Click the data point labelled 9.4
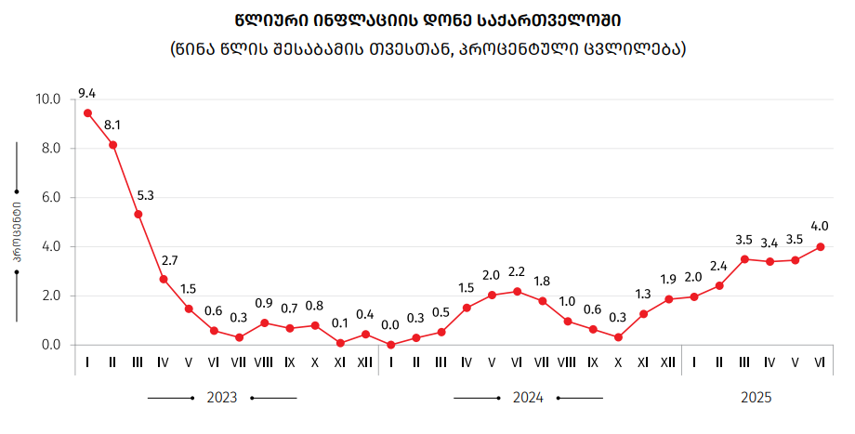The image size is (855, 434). pos(87,113)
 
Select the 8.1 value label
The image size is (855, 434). pos(112,125)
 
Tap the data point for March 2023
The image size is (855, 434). pos(138,215)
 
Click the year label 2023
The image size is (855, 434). pos(221,398)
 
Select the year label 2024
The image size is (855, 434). pos(528,398)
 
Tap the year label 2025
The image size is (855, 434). pos(756,398)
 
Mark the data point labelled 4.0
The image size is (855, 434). pos(820,246)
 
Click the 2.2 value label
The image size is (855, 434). pos(517,271)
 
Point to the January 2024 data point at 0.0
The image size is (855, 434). pos(390,345)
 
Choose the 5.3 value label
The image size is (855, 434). pos(146,195)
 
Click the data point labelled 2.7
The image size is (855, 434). pos(164,279)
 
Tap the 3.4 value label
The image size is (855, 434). pos(769,243)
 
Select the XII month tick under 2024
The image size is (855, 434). pos(668,362)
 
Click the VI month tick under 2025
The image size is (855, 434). pos(820,362)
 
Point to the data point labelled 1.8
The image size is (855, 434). pos(543,301)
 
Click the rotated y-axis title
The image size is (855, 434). pos(17,232)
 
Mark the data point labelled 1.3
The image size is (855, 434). pos(643,313)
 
